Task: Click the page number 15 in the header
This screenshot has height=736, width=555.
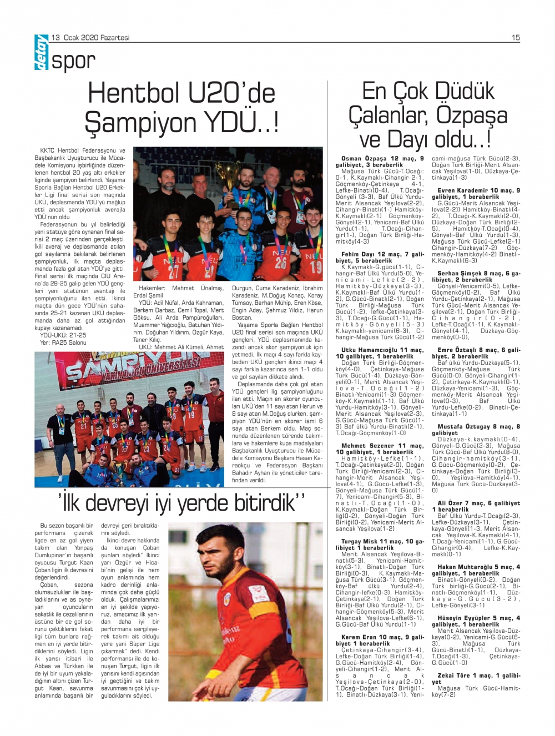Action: (x=516, y=38)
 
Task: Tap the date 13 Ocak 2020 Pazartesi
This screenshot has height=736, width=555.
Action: (x=90, y=38)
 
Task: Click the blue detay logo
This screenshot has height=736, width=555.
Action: (x=42, y=53)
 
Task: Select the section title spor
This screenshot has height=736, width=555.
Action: (x=74, y=61)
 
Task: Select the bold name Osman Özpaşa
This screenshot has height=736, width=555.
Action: (x=364, y=159)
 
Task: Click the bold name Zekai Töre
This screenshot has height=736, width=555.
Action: (x=454, y=675)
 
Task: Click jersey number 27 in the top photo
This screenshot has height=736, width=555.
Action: (x=174, y=271)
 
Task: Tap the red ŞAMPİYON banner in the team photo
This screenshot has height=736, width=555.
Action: (x=133, y=367)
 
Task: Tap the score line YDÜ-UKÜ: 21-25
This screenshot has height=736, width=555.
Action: (x=63, y=335)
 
